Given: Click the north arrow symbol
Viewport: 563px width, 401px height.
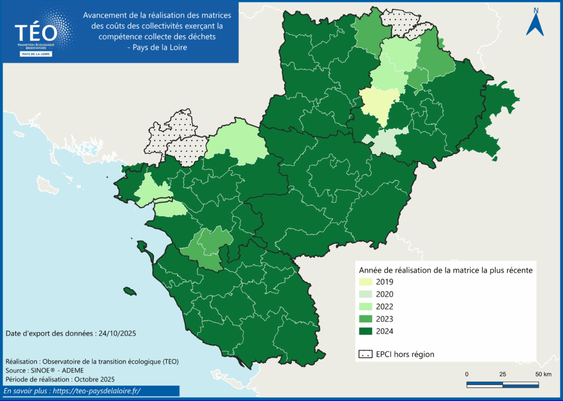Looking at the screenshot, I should point(535,21).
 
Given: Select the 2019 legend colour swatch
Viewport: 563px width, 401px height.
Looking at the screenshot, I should point(366,281).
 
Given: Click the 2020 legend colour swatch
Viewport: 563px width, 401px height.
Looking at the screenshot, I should point(366,294).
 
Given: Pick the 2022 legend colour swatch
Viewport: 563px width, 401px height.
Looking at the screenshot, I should point(366,306).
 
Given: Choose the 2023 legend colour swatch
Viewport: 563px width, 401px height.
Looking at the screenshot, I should point(366,319).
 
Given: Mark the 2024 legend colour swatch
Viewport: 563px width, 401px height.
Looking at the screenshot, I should point(366,331).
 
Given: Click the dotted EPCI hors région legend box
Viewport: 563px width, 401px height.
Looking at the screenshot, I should point(366,354).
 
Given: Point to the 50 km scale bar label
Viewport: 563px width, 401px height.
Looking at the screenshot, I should point(543,375).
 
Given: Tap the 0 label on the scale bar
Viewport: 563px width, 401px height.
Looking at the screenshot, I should point(467,375).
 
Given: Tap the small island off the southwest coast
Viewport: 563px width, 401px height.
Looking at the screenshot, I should point(130,291).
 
